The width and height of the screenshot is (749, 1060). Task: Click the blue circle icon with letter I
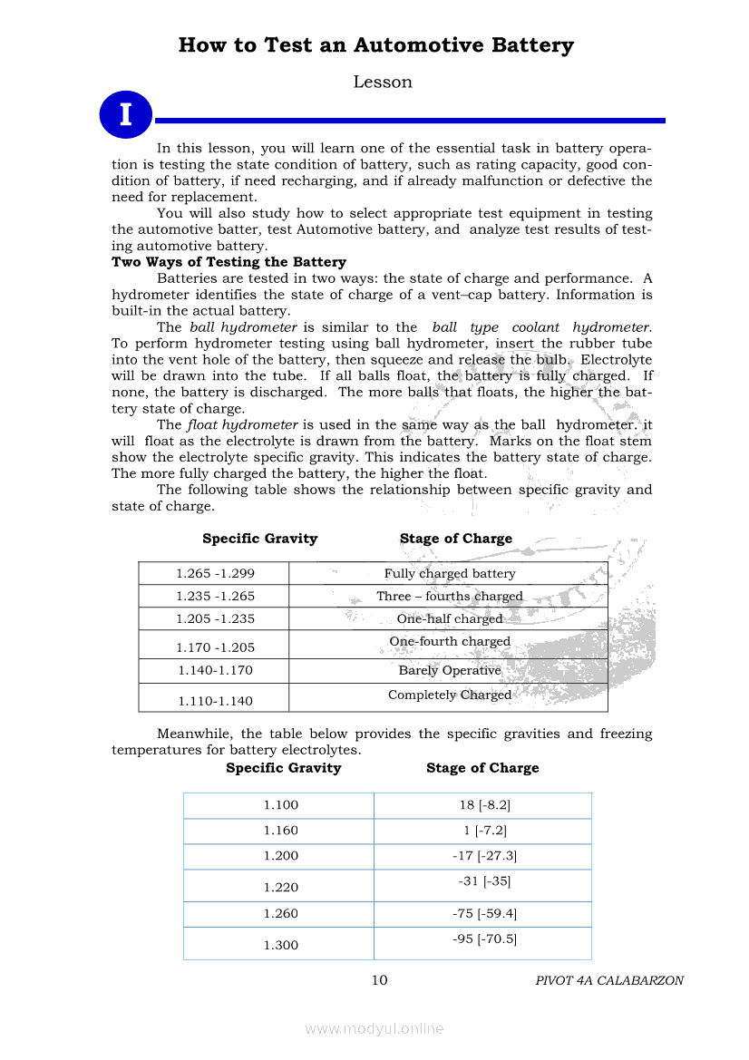coord(125,114)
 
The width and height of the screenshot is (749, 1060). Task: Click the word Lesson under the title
coord(382,83)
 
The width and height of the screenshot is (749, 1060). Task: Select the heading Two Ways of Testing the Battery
coord(229,262)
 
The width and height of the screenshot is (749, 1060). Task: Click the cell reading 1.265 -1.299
coord(215,574)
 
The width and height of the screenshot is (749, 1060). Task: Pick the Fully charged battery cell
coord(449,574)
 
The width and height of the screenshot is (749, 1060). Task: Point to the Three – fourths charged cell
coord(449,597)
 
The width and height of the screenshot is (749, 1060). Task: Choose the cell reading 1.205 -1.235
coord(215,619)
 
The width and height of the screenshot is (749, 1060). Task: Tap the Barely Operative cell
coord(449,671)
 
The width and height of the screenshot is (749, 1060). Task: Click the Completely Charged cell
coord(449,695)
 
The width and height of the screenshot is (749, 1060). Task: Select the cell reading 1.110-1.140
coord(215,701)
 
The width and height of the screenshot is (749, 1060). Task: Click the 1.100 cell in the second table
coord(280,805)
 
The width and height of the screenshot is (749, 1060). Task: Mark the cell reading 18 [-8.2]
coord(484,805)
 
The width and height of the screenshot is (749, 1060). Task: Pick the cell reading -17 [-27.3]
coord(484,856)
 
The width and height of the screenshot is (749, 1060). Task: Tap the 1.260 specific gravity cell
coord(280,914)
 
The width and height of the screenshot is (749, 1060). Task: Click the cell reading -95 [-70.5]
coord(484,939)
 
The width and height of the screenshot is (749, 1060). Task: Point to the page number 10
coord(379,980)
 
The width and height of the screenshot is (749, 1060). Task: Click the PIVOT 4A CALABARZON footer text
coord(609,981)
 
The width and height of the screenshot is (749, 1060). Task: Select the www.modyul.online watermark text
coord(374,1028)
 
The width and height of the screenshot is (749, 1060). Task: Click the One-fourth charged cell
coord(449,642)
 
